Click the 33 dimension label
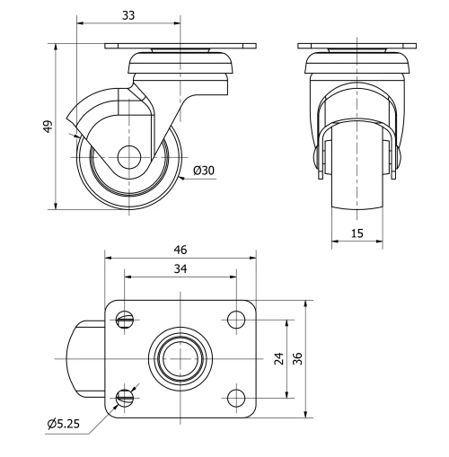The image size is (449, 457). (129, 14)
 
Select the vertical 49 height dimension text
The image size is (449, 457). (48, 127)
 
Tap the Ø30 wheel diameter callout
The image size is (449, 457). (203, 171)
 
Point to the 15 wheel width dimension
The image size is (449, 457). (357, 233)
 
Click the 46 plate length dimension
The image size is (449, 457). (181, 249)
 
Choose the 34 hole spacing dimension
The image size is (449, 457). (181, 270)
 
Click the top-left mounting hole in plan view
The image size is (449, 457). (126, 318)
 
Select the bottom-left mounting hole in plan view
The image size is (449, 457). (126, 396)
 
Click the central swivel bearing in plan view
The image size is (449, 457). (181, 357)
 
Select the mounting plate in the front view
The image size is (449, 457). (357, 46)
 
